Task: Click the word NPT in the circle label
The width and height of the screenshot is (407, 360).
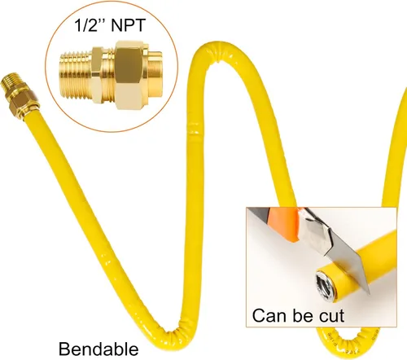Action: point(128,25)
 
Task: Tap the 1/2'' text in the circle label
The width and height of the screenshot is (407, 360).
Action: point(90,25)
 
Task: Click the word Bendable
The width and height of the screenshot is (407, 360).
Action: point(98,349)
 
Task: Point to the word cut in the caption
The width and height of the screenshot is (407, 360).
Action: point(331,316)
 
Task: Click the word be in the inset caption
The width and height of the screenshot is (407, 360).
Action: point(303,315)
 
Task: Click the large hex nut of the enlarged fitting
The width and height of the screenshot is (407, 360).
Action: point(129,75)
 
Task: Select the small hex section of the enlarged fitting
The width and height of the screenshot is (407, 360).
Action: point(98,75)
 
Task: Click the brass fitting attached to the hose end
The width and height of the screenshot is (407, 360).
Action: point(19,95)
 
